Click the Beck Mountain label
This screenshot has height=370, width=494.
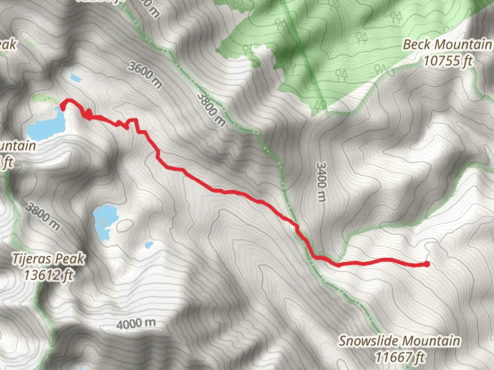point(447,45)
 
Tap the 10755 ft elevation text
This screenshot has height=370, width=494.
point(448,61)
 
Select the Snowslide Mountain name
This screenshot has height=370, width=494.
point(399,341)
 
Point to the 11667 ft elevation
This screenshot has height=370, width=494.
point(399,357)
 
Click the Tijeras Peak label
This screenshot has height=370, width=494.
point(48,259)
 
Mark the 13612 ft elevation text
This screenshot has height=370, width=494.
point(48,275)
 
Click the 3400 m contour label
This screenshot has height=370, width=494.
point(321,182)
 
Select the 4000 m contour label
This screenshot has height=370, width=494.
point(136,323)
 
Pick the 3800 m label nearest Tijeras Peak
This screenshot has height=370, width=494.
point(43,216)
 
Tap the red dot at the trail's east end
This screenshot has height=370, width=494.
point(427,264)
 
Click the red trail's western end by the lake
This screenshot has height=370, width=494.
point(63,106)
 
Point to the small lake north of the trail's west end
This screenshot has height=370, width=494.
point(75,78)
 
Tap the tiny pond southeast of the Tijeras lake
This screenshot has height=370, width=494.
point(149,245)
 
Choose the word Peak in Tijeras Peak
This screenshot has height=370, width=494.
point(72,259)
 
